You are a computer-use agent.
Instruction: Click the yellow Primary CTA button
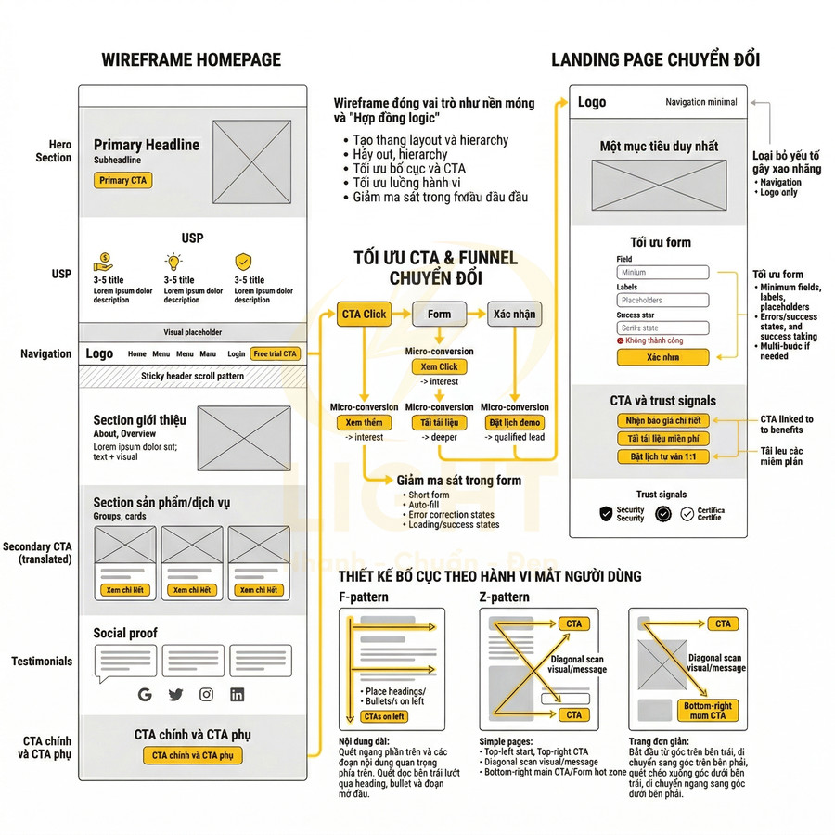[122, 181]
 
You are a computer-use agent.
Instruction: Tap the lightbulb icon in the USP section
[173, 262]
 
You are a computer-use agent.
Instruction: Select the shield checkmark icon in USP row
[243, 262]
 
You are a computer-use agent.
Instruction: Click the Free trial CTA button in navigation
[276, 353]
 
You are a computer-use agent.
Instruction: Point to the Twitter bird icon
[175, 694]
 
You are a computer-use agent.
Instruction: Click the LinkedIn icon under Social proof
[238, 694]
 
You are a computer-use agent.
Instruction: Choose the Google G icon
[145, 694]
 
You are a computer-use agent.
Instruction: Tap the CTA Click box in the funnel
[364, 314]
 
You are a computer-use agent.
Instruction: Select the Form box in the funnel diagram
[440, 314]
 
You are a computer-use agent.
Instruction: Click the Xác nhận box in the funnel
[513, 314]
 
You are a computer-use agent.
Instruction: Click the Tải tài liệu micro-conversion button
[439, 423]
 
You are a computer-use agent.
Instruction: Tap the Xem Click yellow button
[439, 367]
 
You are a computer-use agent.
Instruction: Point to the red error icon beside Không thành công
[620, 341]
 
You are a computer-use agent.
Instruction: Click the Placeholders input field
[662, 301]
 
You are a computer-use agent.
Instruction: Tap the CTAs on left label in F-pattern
[384, 716]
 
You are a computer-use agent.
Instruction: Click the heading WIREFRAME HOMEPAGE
[191, 60]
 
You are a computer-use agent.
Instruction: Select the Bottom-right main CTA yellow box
[708, 711]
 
